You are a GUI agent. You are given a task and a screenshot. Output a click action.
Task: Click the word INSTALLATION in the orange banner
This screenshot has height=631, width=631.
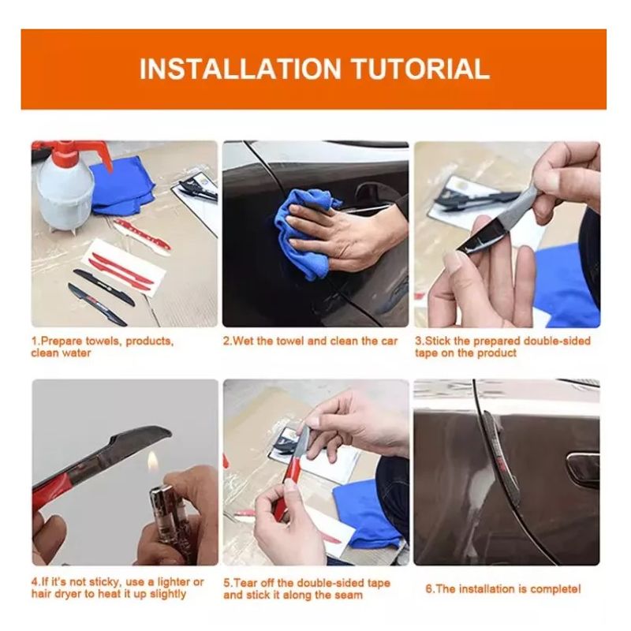coord(241,69)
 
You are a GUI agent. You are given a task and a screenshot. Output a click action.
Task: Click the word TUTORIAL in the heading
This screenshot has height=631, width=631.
coord(421,69)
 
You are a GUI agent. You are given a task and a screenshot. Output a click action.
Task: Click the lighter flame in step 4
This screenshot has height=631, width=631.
coord(152,461)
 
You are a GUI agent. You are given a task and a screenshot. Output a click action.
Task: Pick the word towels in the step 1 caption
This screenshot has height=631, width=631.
coord(103,342)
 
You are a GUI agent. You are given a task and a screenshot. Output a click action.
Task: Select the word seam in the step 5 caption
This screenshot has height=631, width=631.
coord(349,595)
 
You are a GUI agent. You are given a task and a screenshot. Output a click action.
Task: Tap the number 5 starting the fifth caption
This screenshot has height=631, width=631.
coord(226,583)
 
